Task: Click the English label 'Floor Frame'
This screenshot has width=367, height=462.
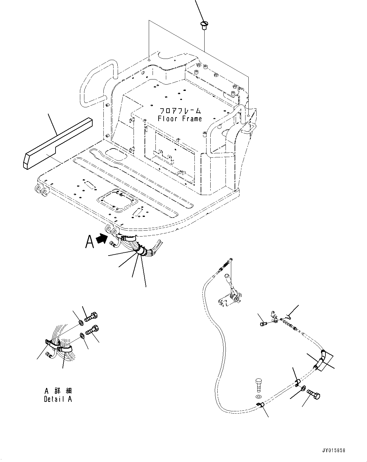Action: [x=180, y=119]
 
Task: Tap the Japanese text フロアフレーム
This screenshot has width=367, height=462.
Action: [x=180, y=111]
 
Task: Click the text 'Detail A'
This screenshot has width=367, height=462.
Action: [x=58, y=399]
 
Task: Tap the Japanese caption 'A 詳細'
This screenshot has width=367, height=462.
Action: [x=58, y=391]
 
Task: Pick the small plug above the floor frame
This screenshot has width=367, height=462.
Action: [x=204, y=25]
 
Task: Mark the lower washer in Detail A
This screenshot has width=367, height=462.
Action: [x=82, y=335]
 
